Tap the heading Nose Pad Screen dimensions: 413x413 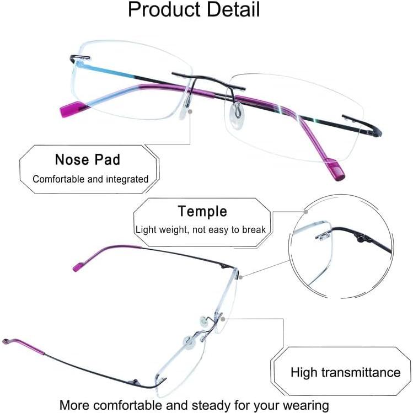click(87, 160)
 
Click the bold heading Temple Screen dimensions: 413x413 click(202, 211)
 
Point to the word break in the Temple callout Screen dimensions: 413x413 click(254, 229)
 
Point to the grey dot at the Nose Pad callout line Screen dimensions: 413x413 click(190, 111)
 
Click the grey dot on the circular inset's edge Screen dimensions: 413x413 click(305, 211)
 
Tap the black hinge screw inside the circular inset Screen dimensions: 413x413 click(362, 239)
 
